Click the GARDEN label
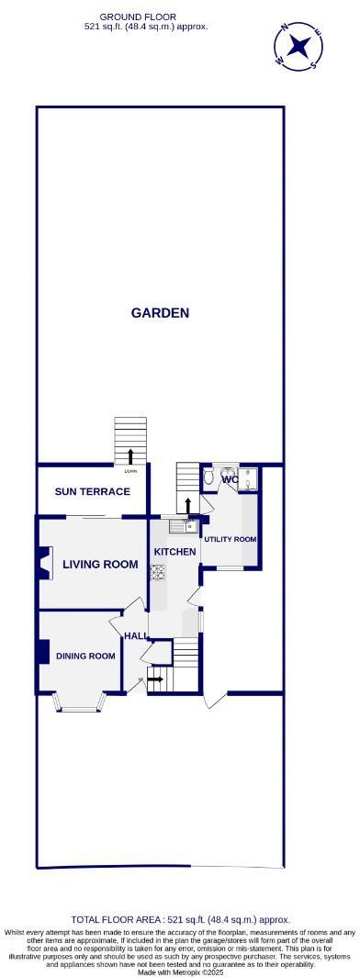click(x=160, y=313)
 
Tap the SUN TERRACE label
click(x=92, y=491)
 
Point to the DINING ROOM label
click(x=85, y=656)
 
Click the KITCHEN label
click(x=174, y=551)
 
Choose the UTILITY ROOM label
click(x=230, y=539)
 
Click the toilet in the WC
click(x=210, y=477)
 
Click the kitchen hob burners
click(x=157, y=572)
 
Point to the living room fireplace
click(x=41, y=563)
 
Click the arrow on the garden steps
click(x=130, y=455)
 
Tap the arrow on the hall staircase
click(x=155, y=679)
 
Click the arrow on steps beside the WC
click(x=188, y=505)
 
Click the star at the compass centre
click(x=299, y=46)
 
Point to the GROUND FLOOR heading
click(x=138, y=17)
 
